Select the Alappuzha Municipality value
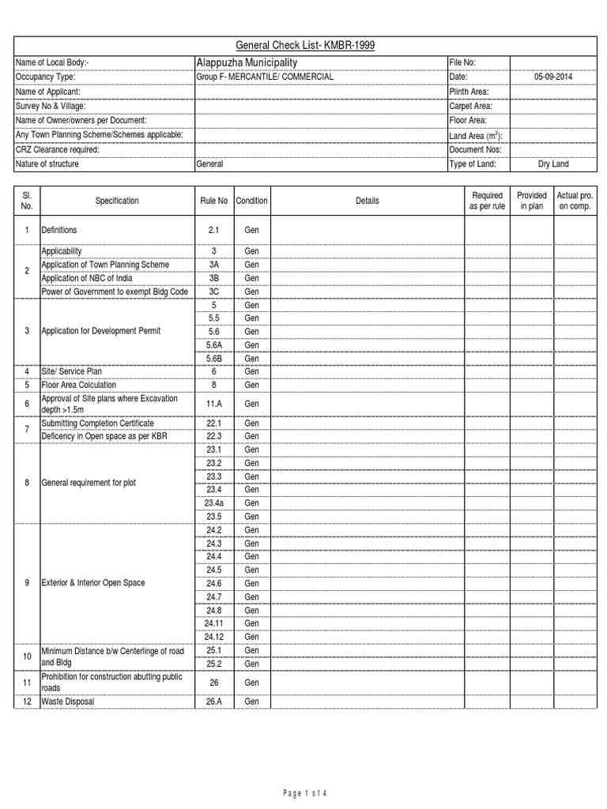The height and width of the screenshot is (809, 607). pos(247,62)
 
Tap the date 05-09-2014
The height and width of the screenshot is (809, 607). pos(553,77)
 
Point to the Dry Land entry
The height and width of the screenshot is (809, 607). pos(553,164)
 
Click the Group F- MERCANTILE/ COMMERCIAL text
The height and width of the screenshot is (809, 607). pos(265,77)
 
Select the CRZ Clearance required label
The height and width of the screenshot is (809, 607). pos(60,149)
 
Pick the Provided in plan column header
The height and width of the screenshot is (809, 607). pos(531,201)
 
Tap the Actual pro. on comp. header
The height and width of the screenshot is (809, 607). pos(575,201)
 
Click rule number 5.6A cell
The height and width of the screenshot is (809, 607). pos(213,345)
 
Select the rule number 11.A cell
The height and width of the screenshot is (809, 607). pos(213,404)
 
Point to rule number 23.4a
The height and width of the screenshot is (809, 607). pos(213,502)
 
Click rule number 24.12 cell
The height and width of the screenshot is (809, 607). pos(213,637)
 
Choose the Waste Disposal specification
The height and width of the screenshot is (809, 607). pos(71,702)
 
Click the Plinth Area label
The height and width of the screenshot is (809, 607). pos(469,92)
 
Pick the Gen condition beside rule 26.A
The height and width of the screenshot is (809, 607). pos(251,702)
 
